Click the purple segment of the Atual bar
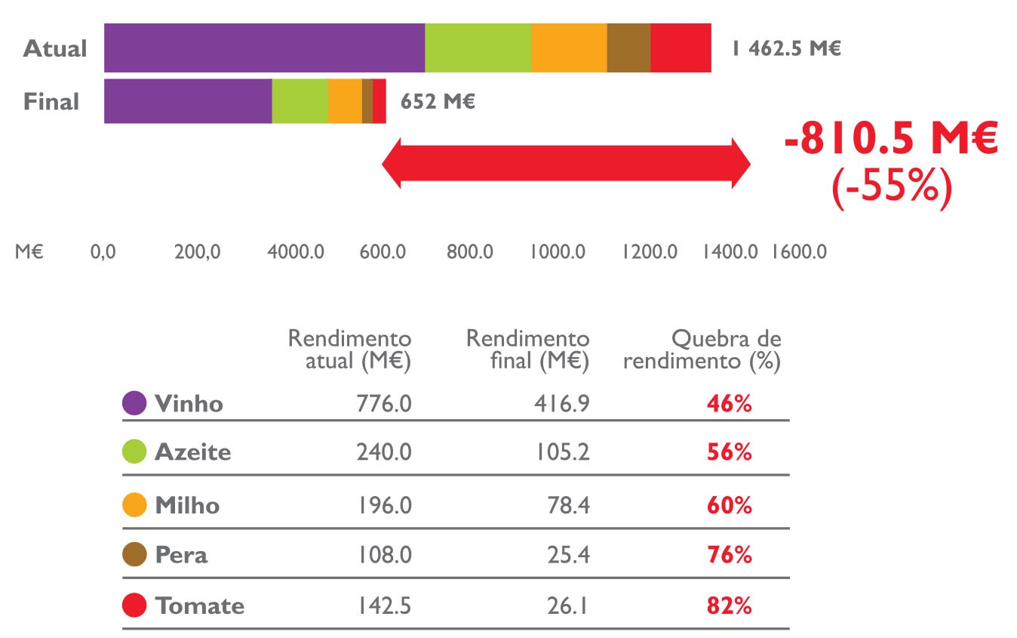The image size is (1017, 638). point(264,48)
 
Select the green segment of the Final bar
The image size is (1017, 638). point(300,101)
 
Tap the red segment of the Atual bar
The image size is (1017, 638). point(681,48)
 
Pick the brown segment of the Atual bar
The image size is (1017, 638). point(628,48)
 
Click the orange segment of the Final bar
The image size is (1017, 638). point(345,101)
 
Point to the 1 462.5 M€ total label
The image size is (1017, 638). point(785,49)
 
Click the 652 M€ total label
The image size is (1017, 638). point(438,101)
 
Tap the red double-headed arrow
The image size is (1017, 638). point(566,162)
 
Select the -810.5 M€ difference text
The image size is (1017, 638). point(891,141)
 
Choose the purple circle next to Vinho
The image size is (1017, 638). point(134,403)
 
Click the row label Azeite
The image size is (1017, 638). point(192,452)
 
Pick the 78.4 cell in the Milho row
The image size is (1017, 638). point(570,505)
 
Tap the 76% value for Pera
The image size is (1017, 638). point(730,555)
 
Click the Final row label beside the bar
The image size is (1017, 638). point(51,101)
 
